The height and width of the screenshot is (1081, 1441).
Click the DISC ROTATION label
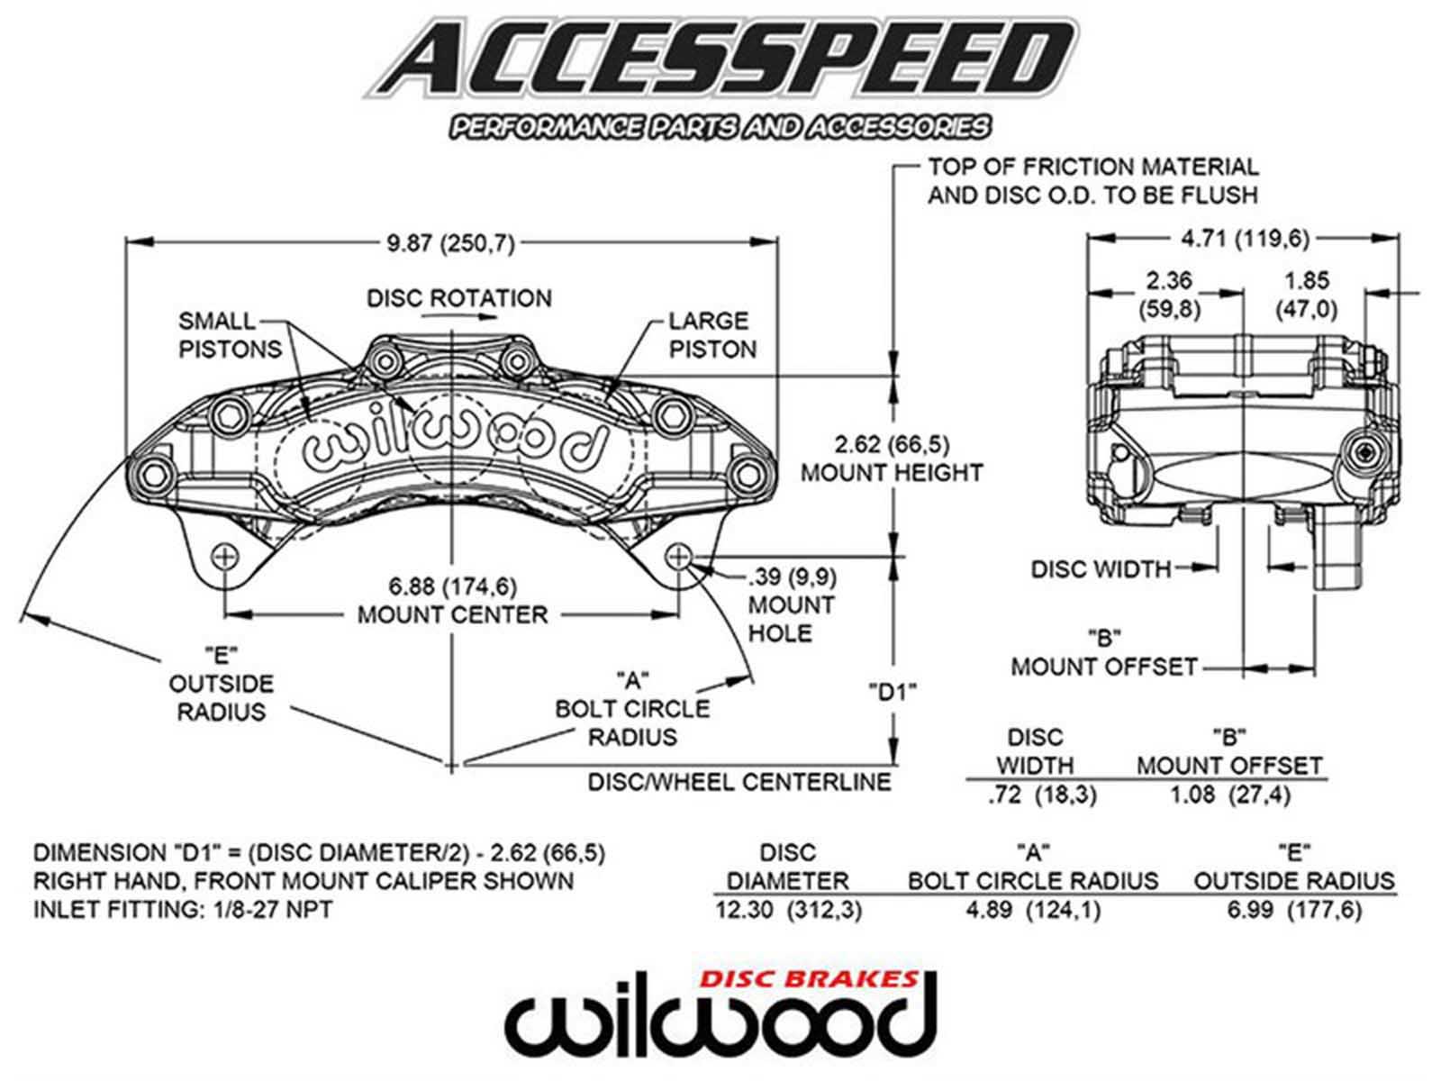click(x=458, y=298)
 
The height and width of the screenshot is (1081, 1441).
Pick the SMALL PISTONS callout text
click(x=230, y=335)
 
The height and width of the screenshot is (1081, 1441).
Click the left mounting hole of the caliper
click(x=224, y=557)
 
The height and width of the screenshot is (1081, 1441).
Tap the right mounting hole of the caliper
click(x=678, y=557)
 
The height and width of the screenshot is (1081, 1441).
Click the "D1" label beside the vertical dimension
click(x=893, y=693)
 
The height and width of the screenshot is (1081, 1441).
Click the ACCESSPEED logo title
click(x=720, y=59)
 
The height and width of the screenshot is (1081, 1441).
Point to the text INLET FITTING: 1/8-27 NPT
click(x=183, y=910)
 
